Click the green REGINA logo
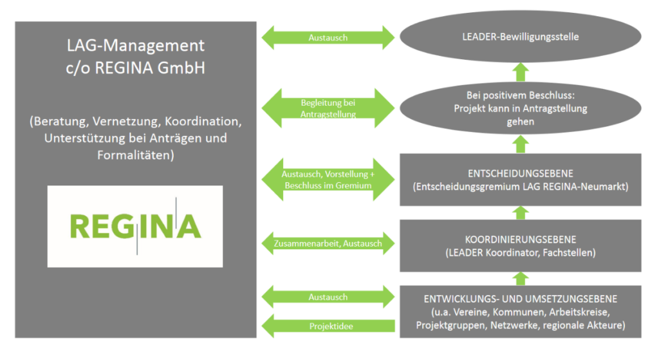(135, 226)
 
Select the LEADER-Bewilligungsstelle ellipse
(520, 37)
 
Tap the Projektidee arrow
(328, 326)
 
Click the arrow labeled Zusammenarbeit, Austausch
(328, 243)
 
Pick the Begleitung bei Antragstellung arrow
(328, 108)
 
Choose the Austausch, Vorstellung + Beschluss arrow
(328, 180)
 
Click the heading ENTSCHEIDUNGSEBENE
(520, 173)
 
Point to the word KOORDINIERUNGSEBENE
(520, 240)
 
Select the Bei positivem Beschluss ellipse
(520, 108)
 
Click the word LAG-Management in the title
(135, 46)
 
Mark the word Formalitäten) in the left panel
(135, 155)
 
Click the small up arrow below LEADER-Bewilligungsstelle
(520, 72)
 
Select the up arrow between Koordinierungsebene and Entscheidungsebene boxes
(520, 213)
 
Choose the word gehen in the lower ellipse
(520, 122)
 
